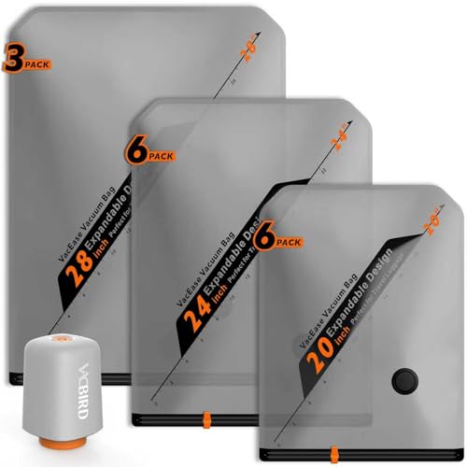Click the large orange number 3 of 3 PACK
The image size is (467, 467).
tap(12, 60)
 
